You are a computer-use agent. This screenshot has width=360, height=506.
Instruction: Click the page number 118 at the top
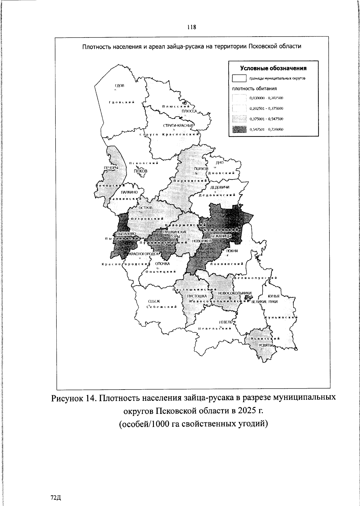click(191, 27)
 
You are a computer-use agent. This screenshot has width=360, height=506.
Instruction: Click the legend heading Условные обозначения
click(273, 68)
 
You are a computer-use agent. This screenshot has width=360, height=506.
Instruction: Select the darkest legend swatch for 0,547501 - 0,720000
click(239, 129)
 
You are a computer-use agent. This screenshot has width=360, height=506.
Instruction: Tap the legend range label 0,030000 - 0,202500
click(266, 98)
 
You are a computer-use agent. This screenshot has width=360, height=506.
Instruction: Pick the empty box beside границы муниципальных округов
click(239, 78)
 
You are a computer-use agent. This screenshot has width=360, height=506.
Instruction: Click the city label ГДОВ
click(119, 86)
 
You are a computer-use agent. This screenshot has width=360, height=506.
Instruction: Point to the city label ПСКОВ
click(141, 170)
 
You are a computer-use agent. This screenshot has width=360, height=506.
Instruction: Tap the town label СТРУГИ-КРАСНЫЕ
click(179, 125)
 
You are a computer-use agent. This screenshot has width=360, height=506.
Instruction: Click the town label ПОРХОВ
click(201, 169)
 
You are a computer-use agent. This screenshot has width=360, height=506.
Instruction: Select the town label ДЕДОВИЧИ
click(220, 187)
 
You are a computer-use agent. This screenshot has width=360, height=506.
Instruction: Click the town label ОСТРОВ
click(145, 208)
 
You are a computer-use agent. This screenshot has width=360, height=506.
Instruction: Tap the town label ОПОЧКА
click(162, 264)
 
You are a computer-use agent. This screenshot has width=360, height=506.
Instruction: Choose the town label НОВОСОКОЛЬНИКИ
click(235, 293)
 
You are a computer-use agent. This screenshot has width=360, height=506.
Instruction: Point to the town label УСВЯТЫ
click(265, 345)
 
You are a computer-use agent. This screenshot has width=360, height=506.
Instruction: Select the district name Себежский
click(161, 307)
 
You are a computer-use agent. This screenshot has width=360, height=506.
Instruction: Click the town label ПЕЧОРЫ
click(111, 167)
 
